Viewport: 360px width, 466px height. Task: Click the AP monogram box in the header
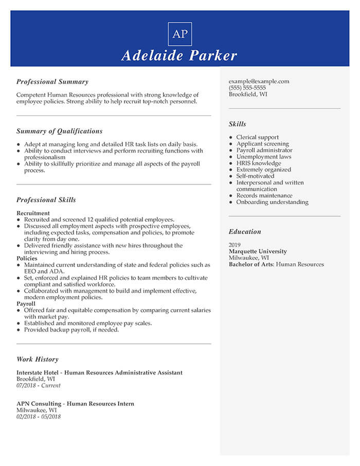(x=180, y=34)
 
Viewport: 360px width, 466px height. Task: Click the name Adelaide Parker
(x=179, y=56)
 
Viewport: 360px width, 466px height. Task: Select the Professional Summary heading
(x=52, y=82)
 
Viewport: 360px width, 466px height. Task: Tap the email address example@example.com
(x=259, y=81)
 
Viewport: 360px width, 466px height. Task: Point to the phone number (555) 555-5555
(x=247, y=88)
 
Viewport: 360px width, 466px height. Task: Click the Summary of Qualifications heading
(x=59, y=131)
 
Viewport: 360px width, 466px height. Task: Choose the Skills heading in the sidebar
(x=237, y=124)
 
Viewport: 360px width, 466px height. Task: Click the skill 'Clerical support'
(x=257, y=137)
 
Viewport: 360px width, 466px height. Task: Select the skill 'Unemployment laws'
(x=263, y=157)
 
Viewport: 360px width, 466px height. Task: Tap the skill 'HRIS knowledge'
(x=258, y=163)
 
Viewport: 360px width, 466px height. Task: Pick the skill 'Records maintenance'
(x=264, y=195)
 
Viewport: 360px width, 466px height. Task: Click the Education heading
(x=245, y=232)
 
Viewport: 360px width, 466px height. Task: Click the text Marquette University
(x=258, y=252)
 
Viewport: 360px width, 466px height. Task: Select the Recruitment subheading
(x=33, y=213)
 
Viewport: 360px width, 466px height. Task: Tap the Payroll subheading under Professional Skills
(x=26, y=304)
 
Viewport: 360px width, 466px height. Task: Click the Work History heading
(x=37, y=360)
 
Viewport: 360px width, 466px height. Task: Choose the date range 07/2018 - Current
(x=38, y=385)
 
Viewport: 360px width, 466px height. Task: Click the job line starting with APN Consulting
(x=75, y=404)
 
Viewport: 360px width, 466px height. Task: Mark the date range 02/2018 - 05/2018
(x=38, y=417)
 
